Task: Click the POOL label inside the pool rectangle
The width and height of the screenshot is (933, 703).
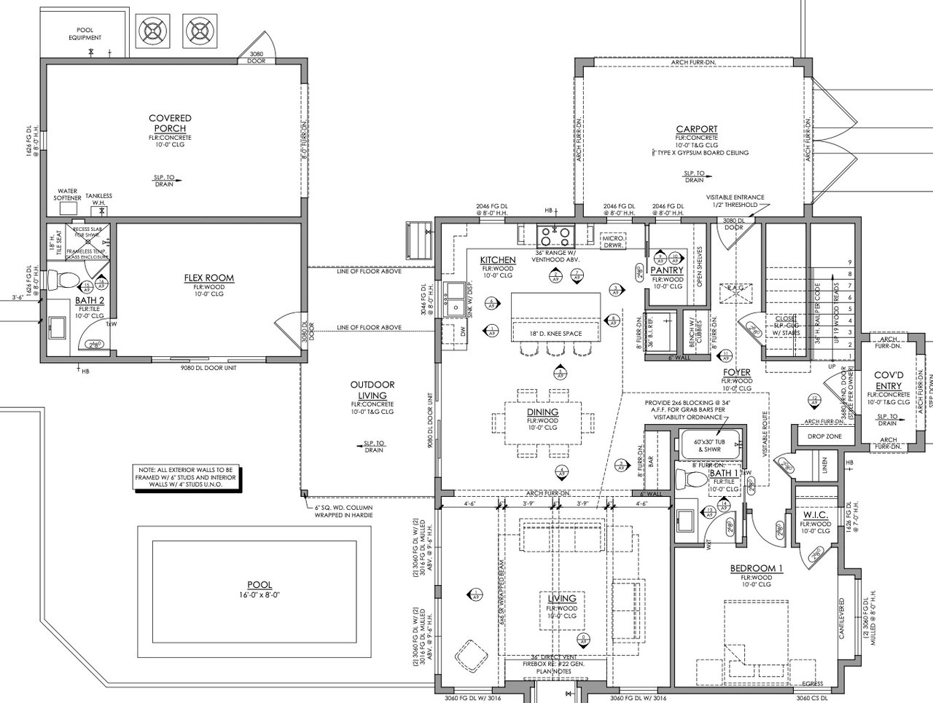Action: tap(259, 585)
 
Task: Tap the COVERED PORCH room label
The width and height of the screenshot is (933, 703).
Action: tap(170, 123)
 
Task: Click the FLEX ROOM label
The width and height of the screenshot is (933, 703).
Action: tap(208, 278)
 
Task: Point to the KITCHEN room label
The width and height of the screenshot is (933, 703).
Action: tap(498, 260)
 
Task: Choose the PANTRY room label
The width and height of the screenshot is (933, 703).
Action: tap(667, 270)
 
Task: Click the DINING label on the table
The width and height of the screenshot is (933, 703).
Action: tap(542, 412)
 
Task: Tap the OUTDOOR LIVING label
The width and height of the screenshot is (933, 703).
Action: tap(372, 390)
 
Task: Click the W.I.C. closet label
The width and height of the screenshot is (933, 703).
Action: tap(815, 514)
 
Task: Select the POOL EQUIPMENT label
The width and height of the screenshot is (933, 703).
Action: tap(85, 33)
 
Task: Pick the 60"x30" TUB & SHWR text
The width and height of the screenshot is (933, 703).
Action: tap(709, 445)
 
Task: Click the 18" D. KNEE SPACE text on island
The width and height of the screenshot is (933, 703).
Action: tap(556, 334)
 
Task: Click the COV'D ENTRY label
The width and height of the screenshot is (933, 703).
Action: tap(888, 380)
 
